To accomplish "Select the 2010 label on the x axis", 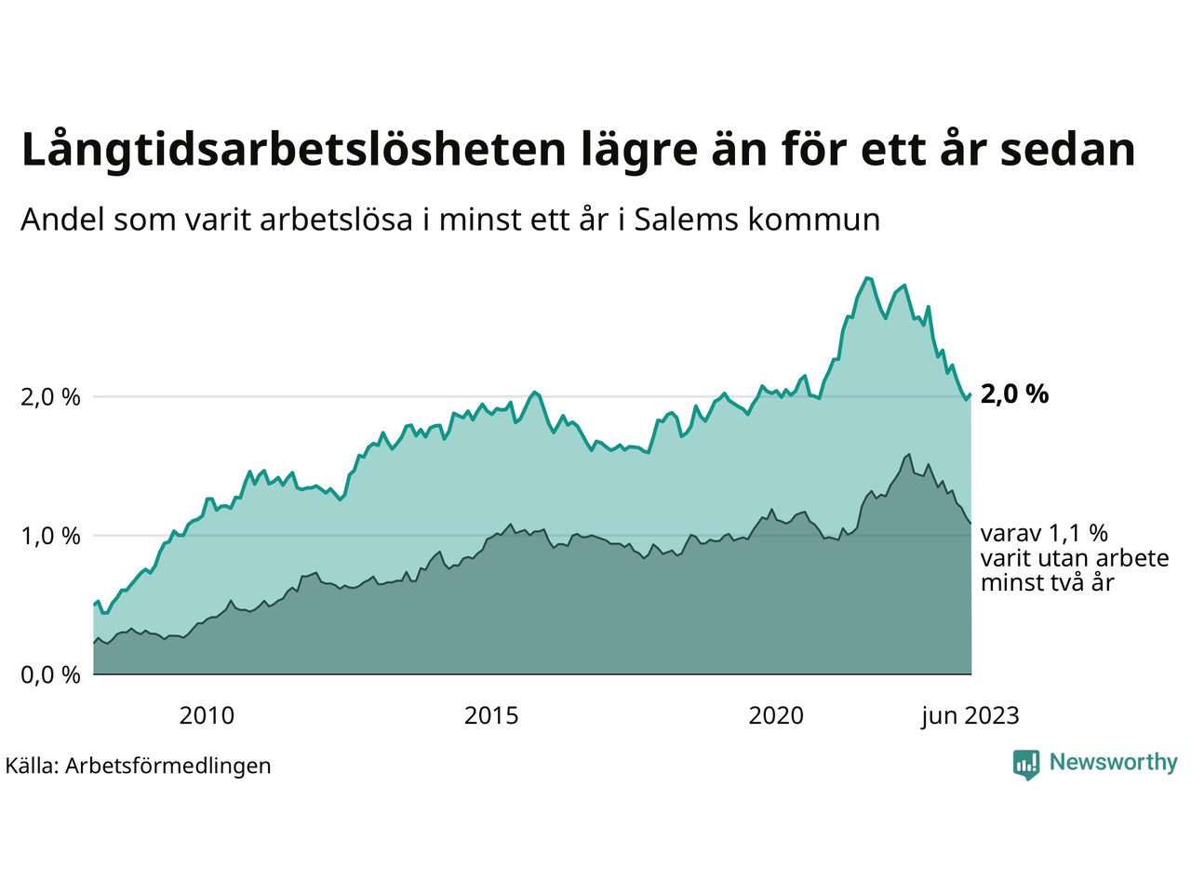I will (x=207, y=715).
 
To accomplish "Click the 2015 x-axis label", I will (x=491, y=715).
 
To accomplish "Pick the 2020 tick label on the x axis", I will (x=776, y=715).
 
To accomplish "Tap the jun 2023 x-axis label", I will (x=970, y=715).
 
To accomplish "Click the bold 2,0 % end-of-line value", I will (x=1014, y=394).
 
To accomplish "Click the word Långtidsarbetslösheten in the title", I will (x=293, y=151).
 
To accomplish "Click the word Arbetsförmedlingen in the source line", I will (x=168, y=766).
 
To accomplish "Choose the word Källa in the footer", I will (x=31, y=766).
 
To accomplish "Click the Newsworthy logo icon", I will (x=1026, y=765).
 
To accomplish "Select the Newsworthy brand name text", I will (x=1113, y=763).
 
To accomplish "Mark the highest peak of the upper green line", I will (x=867, y=277).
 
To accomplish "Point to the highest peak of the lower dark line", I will (x=908, y=454).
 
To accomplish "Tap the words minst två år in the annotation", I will (x=1047, y=583).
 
